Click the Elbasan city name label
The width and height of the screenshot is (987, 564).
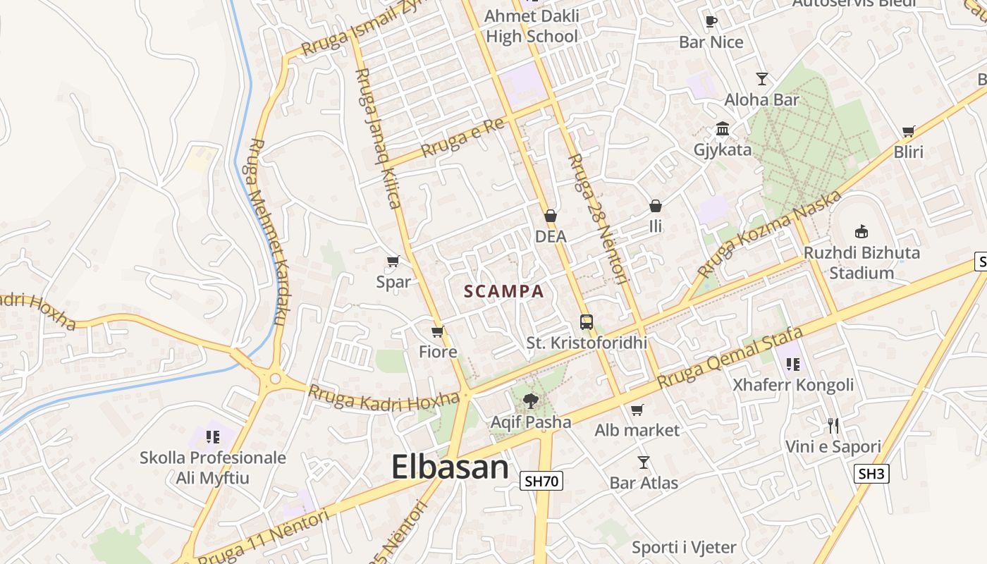pyautogui.click(x=450, y=467)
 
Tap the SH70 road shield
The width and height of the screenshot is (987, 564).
pyautogui.click(x=542, y=482)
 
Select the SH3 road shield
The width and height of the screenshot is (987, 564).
pyautogui.click(x=871, y=474)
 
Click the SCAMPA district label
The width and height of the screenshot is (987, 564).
pyautogui.click(x=504, y=291)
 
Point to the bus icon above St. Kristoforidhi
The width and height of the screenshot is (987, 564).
pyautogui.click(x=587, y=322)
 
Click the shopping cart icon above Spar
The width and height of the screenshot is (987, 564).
pyautogui.click(x=393, y=262)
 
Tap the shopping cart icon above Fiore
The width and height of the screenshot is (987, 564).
pyautogui.click(x=438, y=331)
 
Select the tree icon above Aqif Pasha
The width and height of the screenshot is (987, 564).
pyautogui.click(x=530, y=401)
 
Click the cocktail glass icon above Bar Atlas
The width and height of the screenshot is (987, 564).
pyautogui.click(x=643, y=462)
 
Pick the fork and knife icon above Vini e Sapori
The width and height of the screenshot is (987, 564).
pyautogui.click(x=833, y=425)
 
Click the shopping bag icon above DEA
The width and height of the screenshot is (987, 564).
pyautogui.click(x=551, y=216)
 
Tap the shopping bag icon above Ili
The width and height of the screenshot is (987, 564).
pyautogui.click(x=656, y=206)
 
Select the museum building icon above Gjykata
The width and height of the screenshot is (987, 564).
pyautogui.click(x=723, y=129)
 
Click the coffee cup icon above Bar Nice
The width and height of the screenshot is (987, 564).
pyautogui.click(x=711, y=21)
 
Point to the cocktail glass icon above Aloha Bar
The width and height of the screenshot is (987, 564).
pyautogui.click(x=761, y=78)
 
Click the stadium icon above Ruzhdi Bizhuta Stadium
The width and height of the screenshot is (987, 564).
pyautogui.click(x=861, y=231)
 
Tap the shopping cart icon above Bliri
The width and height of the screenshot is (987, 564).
pyautogui.click(x=909, y=131)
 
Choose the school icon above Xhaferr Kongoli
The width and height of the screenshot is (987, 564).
pyautogui.click(x=793, y=364)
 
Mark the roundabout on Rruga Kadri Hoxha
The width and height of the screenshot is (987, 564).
pyautogui.click(x=275, y=379)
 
